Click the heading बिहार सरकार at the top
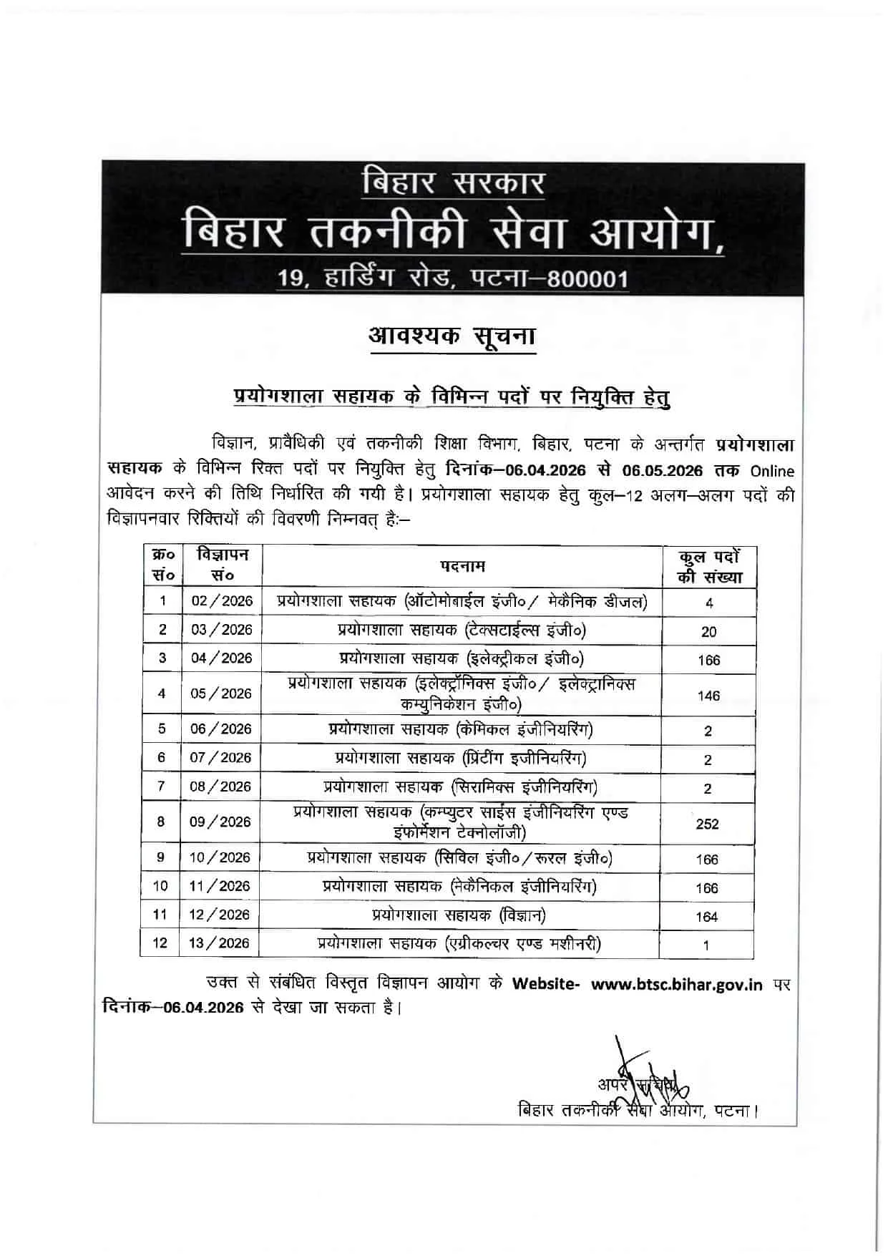(452, 183)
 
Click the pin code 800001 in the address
(587, 279)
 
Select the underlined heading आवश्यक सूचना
(452, 336)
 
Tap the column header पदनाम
(462, 566)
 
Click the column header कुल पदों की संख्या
(709, 567)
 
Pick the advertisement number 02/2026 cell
(222, 601)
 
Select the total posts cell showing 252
(707, 824)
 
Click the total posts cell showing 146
(708, 696)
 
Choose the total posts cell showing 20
(708, 631)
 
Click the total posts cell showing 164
(707, 917)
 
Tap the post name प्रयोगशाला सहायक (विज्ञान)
(459, 915)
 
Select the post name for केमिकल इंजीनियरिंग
(461, 729)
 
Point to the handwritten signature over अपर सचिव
(637, 1081)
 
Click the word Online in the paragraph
(772, 471)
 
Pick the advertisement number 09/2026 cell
(220, 822)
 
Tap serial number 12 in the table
(160, 943)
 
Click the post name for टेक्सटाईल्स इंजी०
(462, 630)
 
